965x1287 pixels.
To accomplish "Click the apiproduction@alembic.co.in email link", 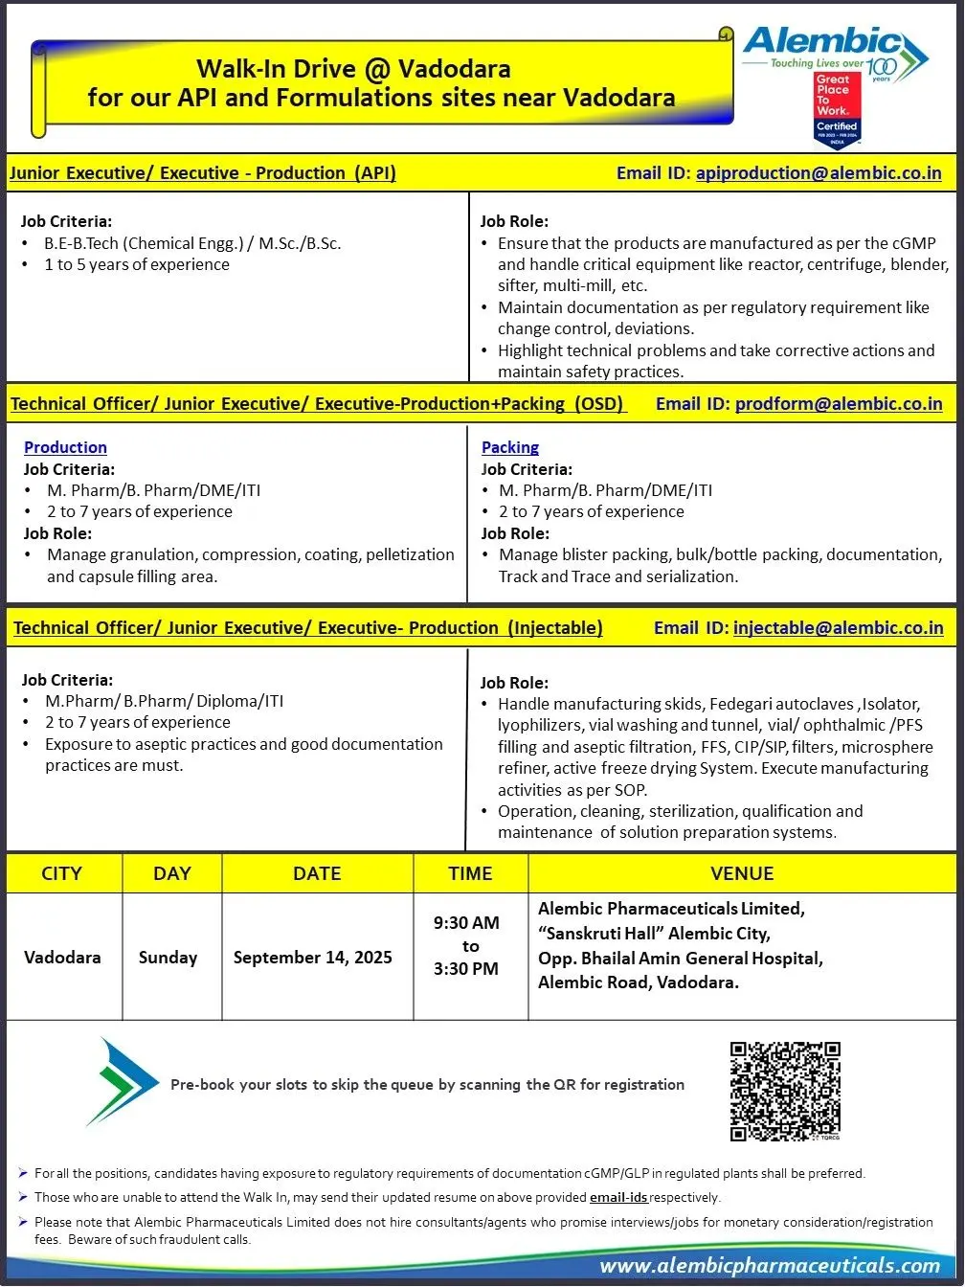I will [x=819, y=173].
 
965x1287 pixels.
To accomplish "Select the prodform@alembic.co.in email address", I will [x=839, y=404].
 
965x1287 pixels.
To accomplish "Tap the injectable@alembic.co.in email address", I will [x=838, y=628].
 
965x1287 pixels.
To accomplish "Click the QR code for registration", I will [x=785, y=1091].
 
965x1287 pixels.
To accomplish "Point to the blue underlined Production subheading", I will [x=65, y=447].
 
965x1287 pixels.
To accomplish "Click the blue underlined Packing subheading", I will [x=510, y=447].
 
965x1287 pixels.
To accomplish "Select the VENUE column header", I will [x=742, y=873].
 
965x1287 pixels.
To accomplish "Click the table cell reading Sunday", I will [x=168, y=958].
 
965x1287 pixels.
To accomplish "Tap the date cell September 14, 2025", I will [x=313, y=958].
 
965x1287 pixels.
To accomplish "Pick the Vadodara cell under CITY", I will [x=62, y=958].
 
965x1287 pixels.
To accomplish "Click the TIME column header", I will [x=470, y=873].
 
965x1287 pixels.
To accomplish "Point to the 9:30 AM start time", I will [x=466, y=923].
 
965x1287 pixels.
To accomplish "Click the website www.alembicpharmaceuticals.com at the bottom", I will [x=770, y=1266].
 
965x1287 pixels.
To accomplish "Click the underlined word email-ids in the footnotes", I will [x=618, y=1197].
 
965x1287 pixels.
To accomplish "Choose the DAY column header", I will [x=171, y=873].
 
